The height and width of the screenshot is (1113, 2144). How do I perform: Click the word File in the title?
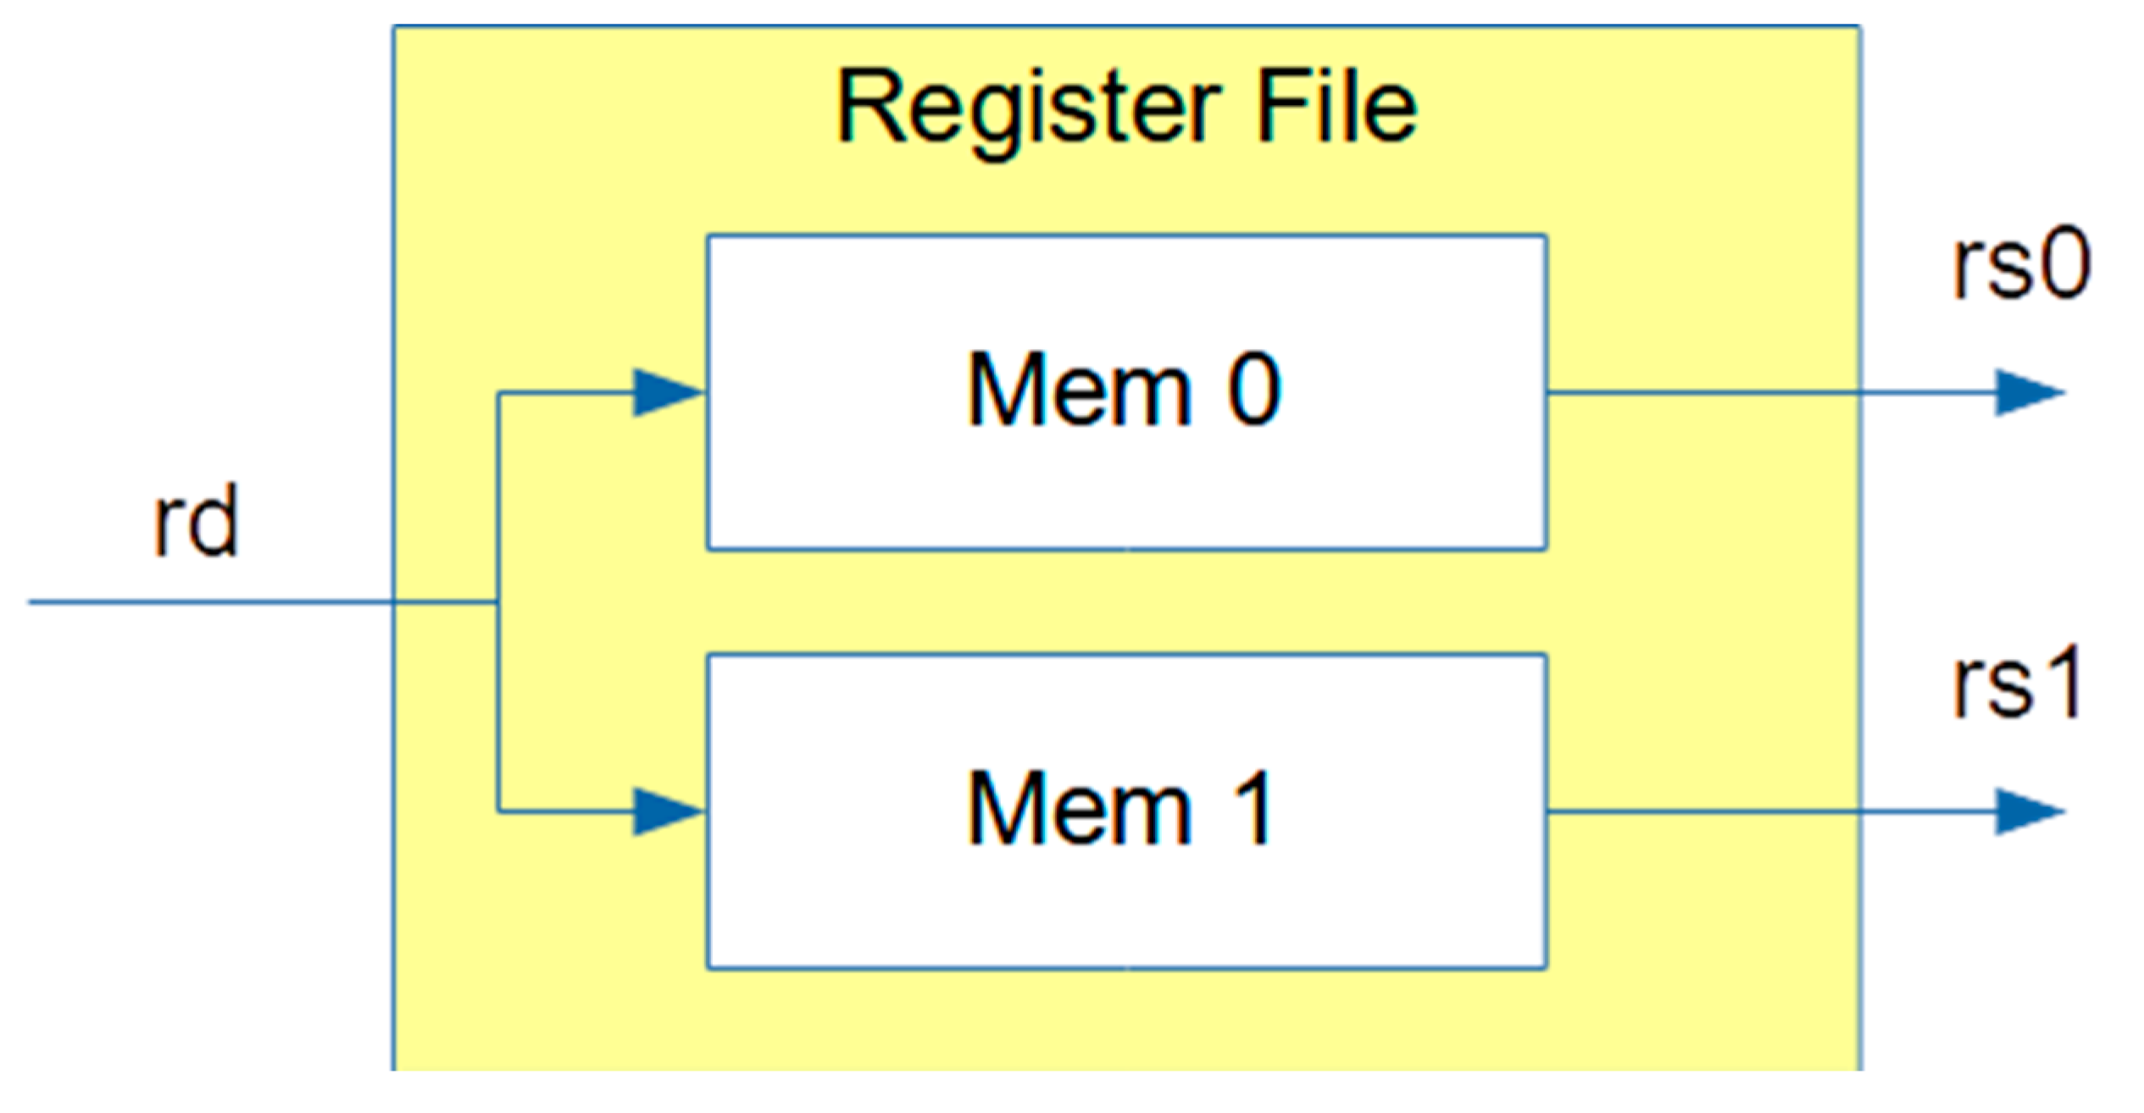point(1336,108)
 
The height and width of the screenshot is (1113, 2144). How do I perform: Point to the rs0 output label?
point(2021,266)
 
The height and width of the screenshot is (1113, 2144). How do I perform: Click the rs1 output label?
point(2017,683)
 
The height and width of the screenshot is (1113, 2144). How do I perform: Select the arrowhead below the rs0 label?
point(2029,392)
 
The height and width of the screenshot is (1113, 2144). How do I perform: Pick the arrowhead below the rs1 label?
point(2029,811)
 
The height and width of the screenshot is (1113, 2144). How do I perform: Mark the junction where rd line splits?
point(498,602)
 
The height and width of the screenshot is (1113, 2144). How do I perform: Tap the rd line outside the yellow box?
point(212,602)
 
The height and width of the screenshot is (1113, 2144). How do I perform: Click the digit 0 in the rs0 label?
point(2063,266)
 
